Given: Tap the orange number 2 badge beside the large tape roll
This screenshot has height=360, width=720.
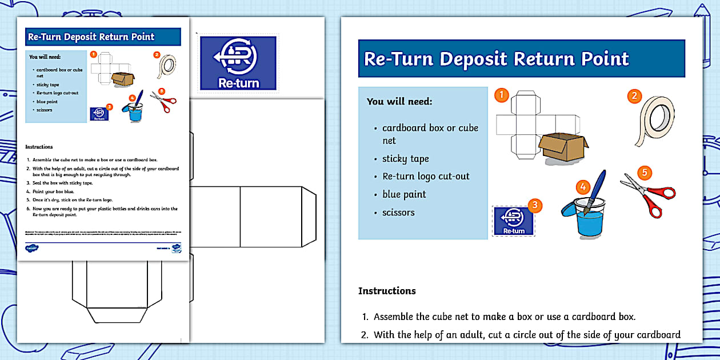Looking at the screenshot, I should (634, 96).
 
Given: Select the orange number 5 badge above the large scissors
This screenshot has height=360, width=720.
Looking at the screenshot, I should (644, 172).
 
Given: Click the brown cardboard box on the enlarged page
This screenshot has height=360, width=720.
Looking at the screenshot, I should (563, 149).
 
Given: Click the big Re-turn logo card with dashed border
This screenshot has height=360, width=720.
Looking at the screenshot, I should (238, 63).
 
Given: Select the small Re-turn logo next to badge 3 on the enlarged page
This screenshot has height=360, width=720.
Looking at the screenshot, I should (513, 221).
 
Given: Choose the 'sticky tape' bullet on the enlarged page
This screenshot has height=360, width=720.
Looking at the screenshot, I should (405, 159).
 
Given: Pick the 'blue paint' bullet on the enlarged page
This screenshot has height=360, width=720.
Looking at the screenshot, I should (404, 194).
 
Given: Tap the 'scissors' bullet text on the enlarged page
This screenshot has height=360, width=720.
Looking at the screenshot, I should (398, 213).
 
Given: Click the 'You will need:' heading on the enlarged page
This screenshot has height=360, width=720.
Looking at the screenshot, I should (399, 102).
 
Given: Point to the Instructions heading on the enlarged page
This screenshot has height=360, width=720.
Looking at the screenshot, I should (387, 291).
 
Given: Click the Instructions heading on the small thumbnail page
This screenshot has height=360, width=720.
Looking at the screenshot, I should (39, 147).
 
